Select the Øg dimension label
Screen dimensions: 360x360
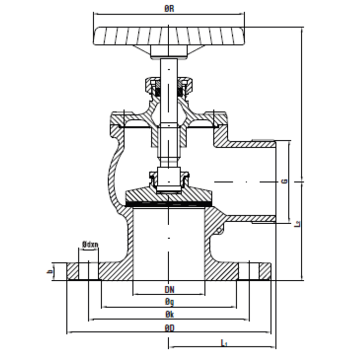click(x=169, y=302)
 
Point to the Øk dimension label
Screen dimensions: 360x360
click(x=169, y=314)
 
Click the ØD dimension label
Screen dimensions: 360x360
click(x=169, y=327)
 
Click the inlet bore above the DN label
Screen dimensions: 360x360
click(x=169, y=242)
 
